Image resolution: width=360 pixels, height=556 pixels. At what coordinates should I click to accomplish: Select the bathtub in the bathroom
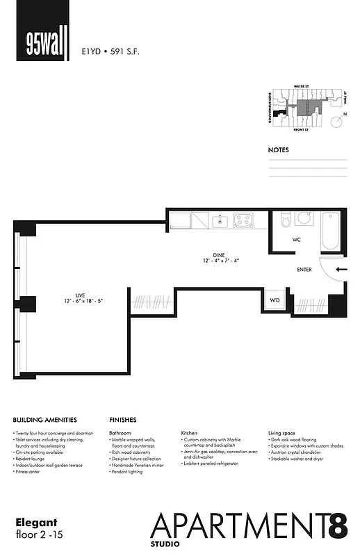coord(329,232)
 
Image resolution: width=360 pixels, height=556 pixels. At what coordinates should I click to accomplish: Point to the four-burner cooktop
coord(243,221)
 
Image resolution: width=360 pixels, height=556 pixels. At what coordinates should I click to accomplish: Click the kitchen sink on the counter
coord(220,221)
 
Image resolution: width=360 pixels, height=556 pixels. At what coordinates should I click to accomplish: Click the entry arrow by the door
coord(341,269)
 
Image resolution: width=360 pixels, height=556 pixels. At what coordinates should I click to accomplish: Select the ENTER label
coord(304,269)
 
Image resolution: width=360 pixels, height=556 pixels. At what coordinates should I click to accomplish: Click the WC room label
coord(296,240)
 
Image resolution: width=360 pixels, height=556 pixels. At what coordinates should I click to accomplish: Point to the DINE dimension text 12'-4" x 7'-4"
coord(220,261)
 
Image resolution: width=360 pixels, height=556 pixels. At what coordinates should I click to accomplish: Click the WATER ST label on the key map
coord(300,87)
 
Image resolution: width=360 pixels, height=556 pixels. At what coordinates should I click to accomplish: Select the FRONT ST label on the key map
coord(300,130)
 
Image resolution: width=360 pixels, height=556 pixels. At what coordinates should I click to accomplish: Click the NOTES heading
coord(278,149)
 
